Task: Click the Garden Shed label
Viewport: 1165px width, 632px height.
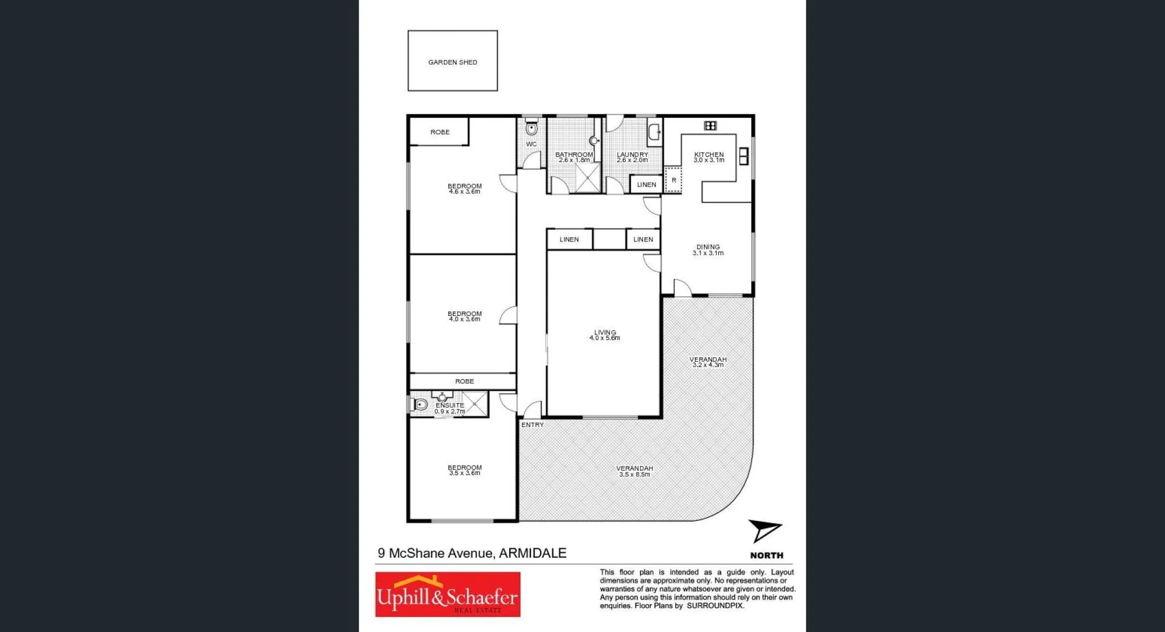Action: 453,62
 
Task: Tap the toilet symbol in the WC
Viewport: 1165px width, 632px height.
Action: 532,128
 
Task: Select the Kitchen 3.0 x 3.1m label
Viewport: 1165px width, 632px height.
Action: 709,157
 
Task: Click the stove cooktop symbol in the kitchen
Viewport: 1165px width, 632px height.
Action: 711,126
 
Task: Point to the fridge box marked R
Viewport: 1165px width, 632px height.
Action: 674,181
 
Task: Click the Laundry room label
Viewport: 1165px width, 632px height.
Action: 632,157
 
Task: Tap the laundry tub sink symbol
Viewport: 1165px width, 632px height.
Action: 654,132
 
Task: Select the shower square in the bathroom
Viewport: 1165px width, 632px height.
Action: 587,177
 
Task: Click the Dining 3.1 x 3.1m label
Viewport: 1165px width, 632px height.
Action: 708,250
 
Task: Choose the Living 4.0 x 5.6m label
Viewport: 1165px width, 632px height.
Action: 605,335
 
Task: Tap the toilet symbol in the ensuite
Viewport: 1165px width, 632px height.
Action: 420,405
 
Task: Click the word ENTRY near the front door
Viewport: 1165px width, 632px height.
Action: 532,425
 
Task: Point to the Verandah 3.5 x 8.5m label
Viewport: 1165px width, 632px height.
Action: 635,471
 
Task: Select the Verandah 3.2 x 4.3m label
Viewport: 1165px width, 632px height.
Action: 708,362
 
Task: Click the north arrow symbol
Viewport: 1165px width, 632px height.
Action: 764,531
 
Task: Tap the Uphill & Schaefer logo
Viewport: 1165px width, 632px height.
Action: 448,595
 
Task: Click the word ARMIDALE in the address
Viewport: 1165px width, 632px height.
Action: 532,553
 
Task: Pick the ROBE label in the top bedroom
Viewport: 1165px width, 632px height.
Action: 440,132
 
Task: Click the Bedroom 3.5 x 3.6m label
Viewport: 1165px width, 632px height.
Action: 465,470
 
